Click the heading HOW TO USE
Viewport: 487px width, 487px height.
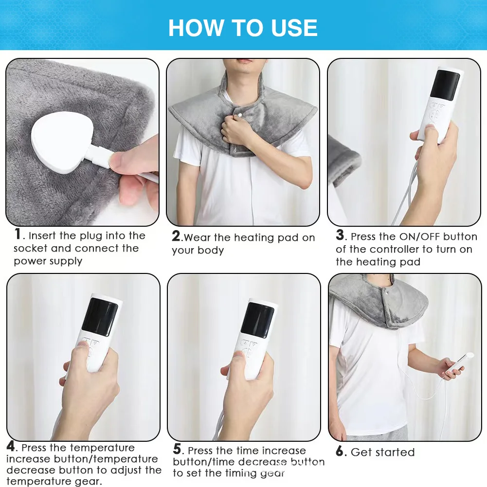(x=243, y=28)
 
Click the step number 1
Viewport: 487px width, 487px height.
(x=18, y=234)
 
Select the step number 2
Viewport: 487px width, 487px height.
(x=176, y=236)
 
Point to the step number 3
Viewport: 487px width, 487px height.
(x=340, y=235)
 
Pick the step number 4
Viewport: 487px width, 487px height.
(x=11, y=446)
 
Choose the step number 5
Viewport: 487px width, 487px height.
(x=177, y=450)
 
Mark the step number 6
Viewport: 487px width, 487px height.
(x=340, y=451)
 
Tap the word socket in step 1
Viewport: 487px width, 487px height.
(x=30, y=249)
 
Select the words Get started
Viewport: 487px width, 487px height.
(x=383, y=452)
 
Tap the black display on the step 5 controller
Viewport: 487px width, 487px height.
(x=257, y=321)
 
